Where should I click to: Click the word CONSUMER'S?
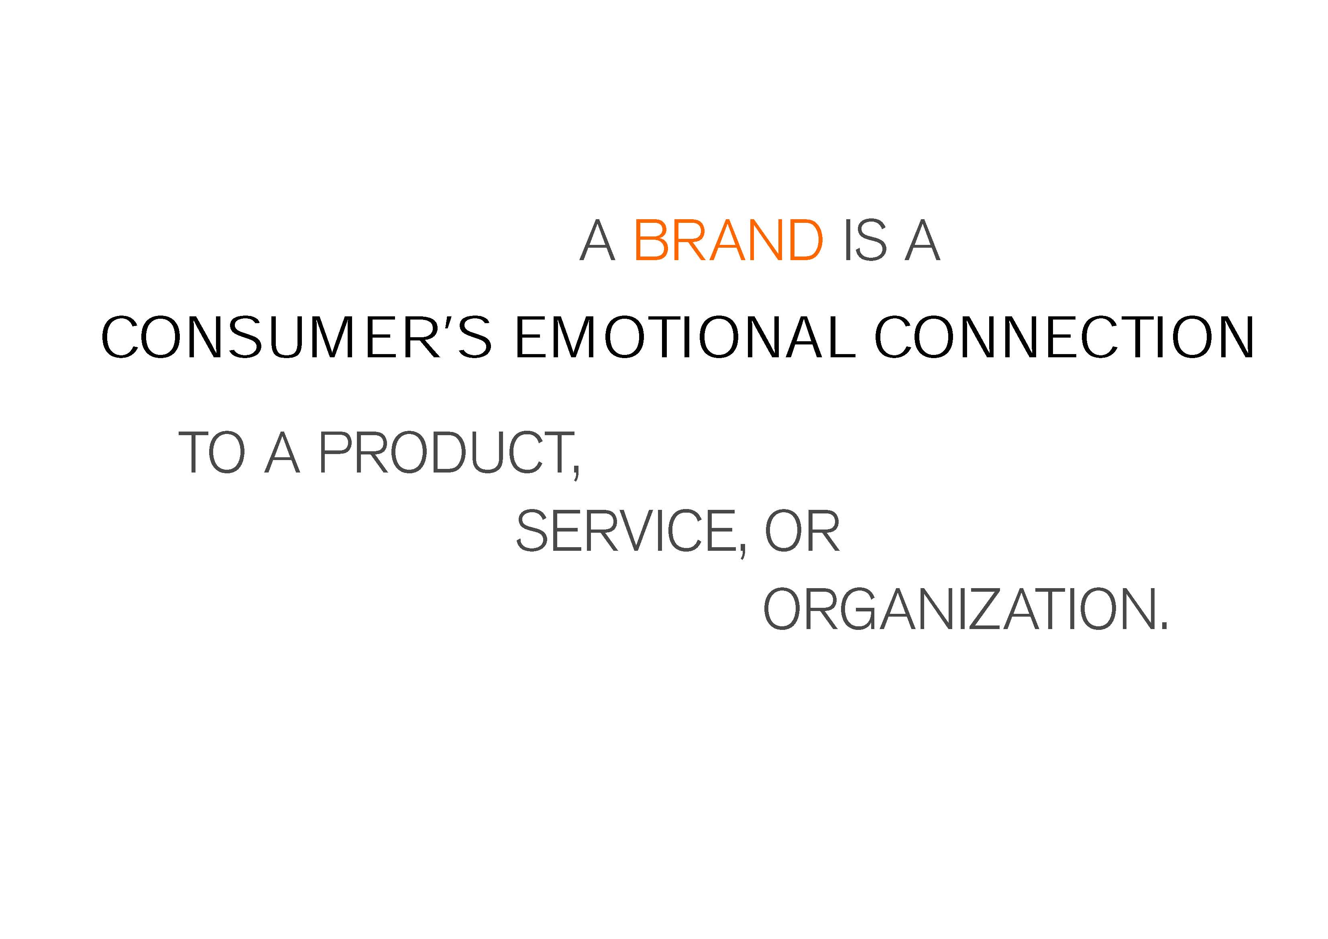tap(297, 337)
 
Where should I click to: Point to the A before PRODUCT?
tap(282, 452)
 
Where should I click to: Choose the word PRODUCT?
tap(445, 452)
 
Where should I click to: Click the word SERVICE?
tap(626, 531)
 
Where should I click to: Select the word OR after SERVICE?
tap(802, 531)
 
